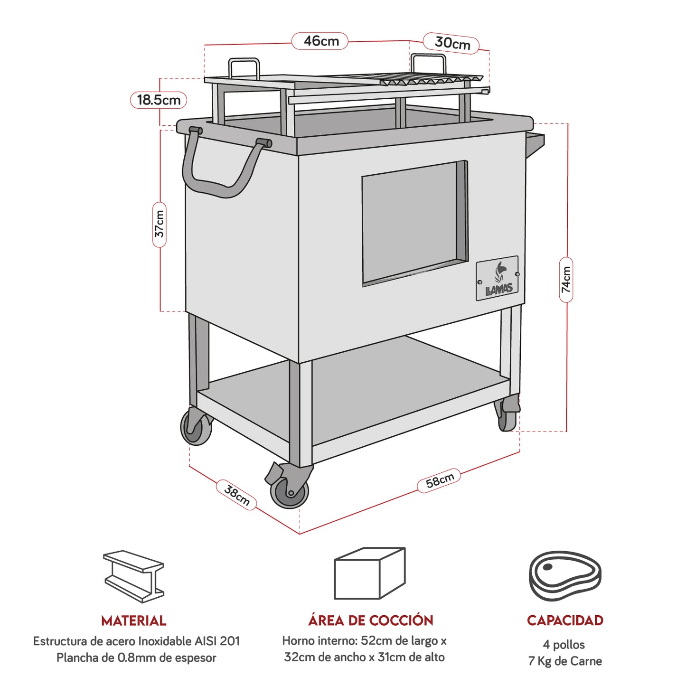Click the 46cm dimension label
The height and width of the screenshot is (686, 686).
(x=320, y=41)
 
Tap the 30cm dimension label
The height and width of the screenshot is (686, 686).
(x=451, y=43)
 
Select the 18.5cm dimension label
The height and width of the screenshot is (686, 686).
(x=159, y=100)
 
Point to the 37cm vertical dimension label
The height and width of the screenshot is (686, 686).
(x=160, y=225)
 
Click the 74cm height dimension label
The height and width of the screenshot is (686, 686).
(x=566, y=280)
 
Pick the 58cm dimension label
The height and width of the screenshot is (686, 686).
(x=439, y=481)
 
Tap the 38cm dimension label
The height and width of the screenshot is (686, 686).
(x=236, y=495)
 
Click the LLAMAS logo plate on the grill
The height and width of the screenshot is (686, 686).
(x=497, y=279)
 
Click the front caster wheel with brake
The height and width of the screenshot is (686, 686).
(x=289, y=490)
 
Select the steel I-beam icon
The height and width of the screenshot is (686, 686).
(x=134, y=576)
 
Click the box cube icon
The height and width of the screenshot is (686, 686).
(x=369, y=573)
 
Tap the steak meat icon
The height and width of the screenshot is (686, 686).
(x=565, y=575)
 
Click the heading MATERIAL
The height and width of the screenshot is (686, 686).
(x=134, y=620)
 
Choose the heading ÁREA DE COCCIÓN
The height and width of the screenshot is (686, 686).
(x=370, y=620)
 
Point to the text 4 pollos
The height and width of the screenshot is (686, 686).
(x=564, y=645)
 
